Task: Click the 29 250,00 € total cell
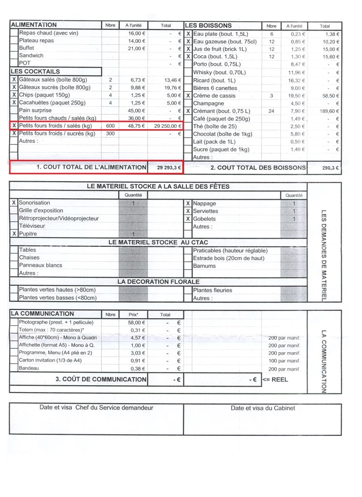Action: [x=165, y=126]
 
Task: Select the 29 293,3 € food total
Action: [x=165, y=167]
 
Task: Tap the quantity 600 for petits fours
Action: [x=110, y=126]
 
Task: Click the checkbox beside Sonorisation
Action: [x=14, y=203]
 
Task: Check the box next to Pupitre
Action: [x=14, y=234]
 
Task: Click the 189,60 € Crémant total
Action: [x=331, y=110]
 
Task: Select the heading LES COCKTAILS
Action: [x=32, y=71]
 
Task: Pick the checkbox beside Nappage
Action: [x=188, y=204]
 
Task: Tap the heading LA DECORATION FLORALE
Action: [x=158, y=282]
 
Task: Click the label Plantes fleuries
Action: [x=212, y=290]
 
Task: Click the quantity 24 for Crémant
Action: [x=271, y=110]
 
